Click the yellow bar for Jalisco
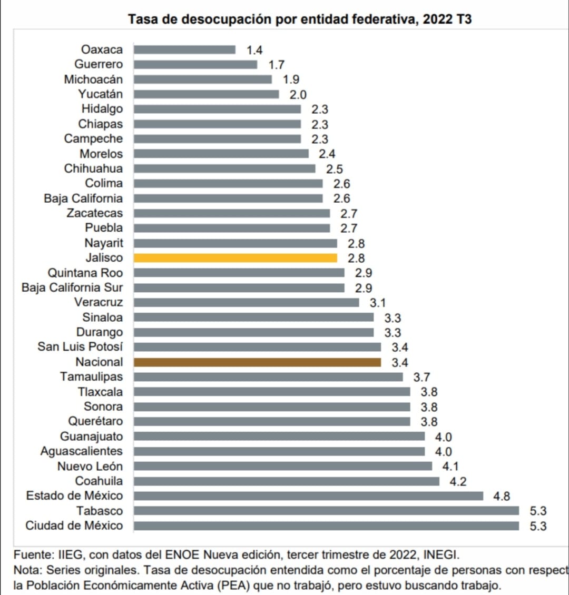coord(235,258)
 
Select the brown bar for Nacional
coord(257,362)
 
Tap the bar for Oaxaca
coord(184,49)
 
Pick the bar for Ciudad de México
coord(326,525)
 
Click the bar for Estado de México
coord(308,496)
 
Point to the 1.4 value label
coord(254,50)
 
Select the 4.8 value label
coord(502,496)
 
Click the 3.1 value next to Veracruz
coord(378,303)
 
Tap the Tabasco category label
coord(100,511)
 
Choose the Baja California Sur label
coord(72,287)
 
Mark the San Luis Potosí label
coord(80,347)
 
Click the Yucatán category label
coord(101,94)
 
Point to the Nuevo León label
coord(90,466)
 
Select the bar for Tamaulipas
coord(268,377)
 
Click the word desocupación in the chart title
coord(226,20)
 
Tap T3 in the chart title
coord(463,20)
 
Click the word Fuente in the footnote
coord(31,555)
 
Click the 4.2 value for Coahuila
coord(458,481)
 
